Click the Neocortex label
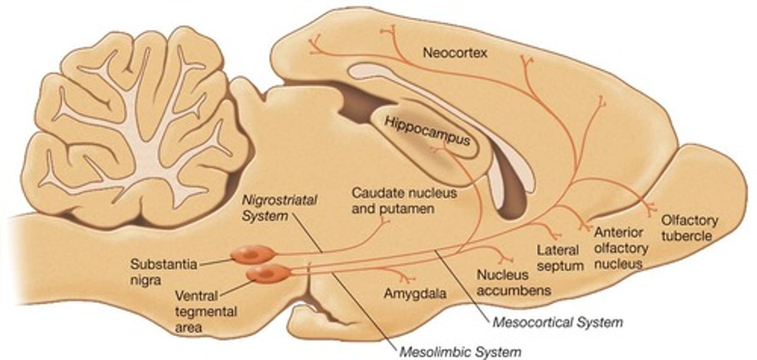point(455,53)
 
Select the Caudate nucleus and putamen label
point(404,200)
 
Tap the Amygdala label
point(415,294)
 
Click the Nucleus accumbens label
point(513,282)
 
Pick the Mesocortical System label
point(557,322)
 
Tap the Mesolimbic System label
point(460,351)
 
